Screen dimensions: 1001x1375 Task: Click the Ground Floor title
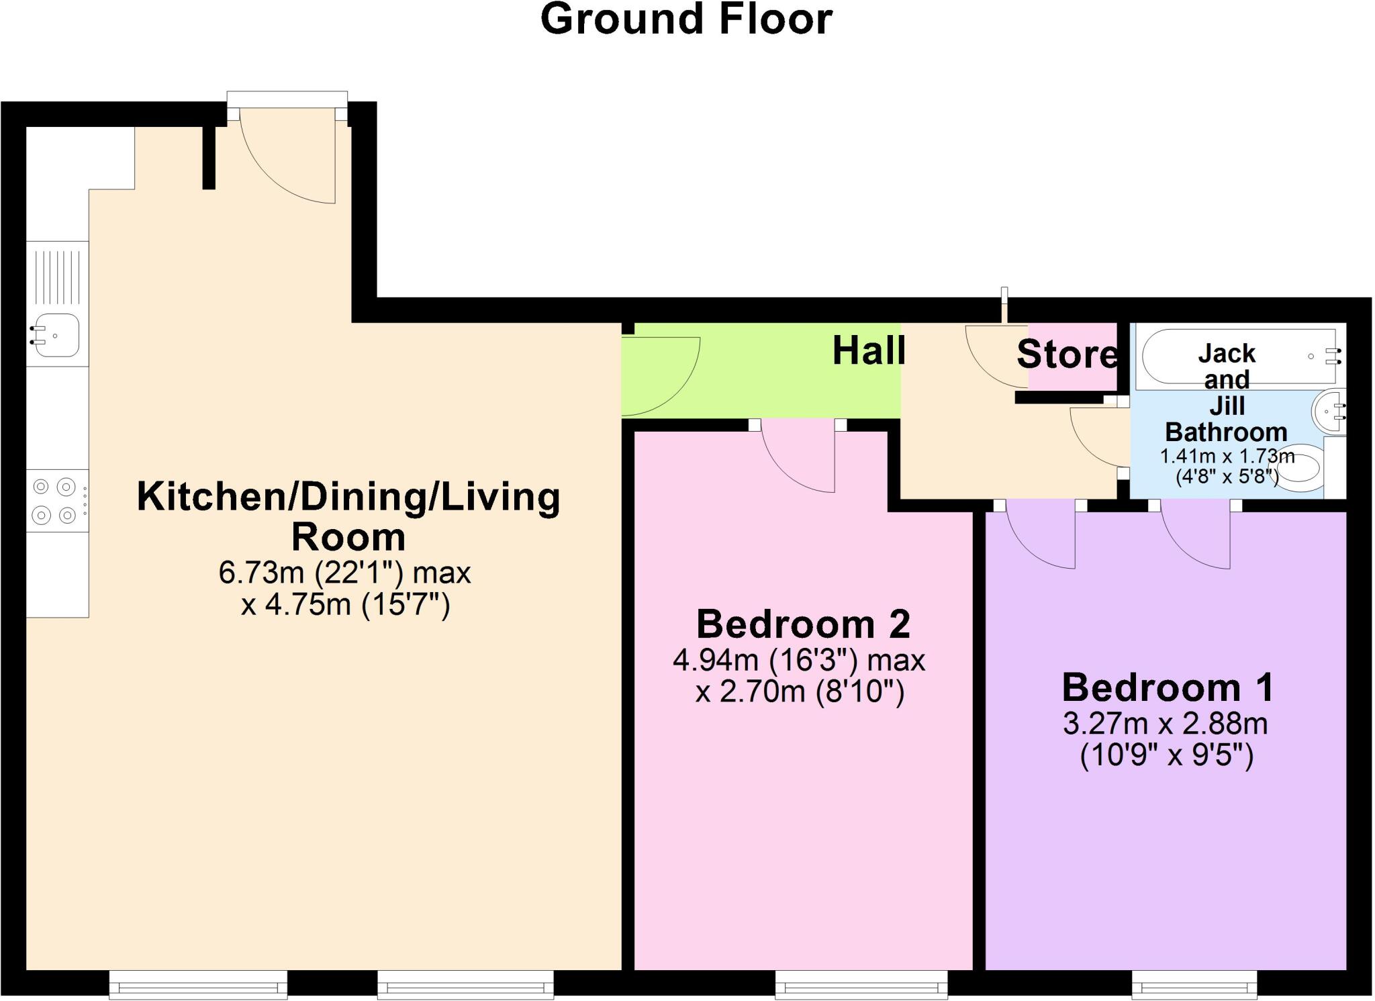tap(686, 19)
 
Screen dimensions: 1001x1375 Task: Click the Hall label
tap(869, 350)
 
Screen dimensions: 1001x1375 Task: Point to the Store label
tap(1066, 354)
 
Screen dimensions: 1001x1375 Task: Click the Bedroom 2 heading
tap(803, 624)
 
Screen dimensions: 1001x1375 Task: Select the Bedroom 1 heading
tap(1168, 687)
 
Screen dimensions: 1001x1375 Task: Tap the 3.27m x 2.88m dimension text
tap(1166, 724)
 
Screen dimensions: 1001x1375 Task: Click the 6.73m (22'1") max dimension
tap(344, 573)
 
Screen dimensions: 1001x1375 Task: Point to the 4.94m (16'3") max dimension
tap(799, 661)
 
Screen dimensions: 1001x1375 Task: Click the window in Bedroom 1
tap(1194, 986)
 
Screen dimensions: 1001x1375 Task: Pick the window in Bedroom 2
tap(861, 986)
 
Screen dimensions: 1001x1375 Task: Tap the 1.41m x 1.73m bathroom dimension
tap(1227, 457)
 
